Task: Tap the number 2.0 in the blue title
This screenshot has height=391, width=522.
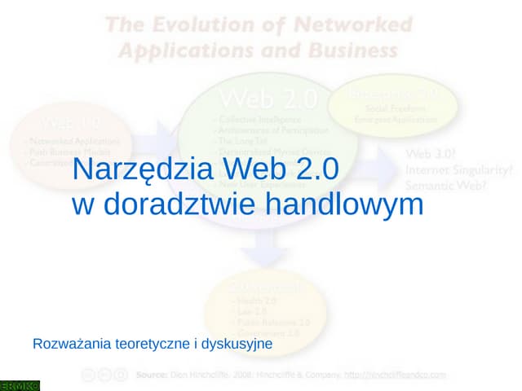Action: [x=308, y=169]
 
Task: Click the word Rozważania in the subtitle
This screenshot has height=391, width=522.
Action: [x=69, y=345]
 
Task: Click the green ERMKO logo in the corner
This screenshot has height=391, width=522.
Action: [x=20, y=384]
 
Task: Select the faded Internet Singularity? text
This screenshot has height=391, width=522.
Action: [x=459, y=170]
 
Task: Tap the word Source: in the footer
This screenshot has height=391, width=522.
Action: [x=152, y=375]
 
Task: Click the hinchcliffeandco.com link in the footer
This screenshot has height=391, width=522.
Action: [x=396, y=375]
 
